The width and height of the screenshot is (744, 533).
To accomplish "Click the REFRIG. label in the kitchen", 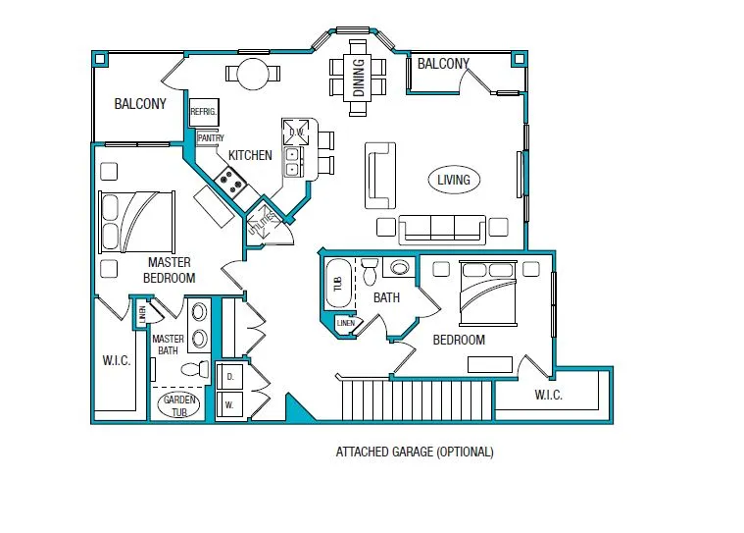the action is pyautogui.click(x=204, y=112).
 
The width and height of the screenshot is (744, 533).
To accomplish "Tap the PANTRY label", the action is pyautogui.click(x=211, y=137).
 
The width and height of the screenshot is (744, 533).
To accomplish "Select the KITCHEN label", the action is pyautogui.click(x=250, y=155).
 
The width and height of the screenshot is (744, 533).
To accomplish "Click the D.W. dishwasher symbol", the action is pyautogui.click(x=296, y=133).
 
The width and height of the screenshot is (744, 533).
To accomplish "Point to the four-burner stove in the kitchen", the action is pyautogui.click(x=230, y=182).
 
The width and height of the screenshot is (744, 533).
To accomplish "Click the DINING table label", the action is pyautogui.click(x=359, y=78).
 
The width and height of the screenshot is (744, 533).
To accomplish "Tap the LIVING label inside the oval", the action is pyautogui.click(x=454, y=180).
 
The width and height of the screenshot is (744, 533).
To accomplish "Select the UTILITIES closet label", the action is pyautogui.click(x=262, y=222).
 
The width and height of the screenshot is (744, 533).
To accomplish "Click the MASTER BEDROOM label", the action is pyautogui.click(x=170, y=270).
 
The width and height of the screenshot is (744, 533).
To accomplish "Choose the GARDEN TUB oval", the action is pyautogui.click(x=178, y=404).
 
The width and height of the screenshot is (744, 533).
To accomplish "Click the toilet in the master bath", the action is pyautogui.click(x=195, y=369).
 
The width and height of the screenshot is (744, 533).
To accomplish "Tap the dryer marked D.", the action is pyautogui.click(x=230, y=377).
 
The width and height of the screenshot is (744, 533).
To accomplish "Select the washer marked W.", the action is pyautogui.click(x=230, y=404).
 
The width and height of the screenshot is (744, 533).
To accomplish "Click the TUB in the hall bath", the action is pyautogui.click(x=338, y=284).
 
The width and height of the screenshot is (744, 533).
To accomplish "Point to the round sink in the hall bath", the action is pyautogui.click(x=400, y=268).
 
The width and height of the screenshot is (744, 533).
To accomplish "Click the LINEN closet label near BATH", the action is pyautogui.click(x=345, y=323).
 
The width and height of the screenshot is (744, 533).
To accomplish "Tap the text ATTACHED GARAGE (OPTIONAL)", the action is pyautogui.click(x=415, y=452).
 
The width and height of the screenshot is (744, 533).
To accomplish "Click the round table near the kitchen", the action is pyautogui.click(x=253, y=74).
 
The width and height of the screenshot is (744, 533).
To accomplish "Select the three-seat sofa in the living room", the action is pyautogui.click(x=442, y=230).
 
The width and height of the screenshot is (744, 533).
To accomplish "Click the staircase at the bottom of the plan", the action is pyautogui.click(x=418, y=400).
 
